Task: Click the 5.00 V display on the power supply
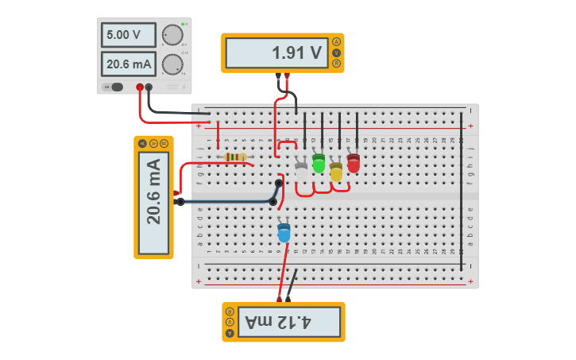click(128, 35)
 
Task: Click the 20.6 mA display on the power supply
click(128, 64)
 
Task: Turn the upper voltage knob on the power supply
click(172, 36)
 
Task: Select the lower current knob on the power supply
click(172, 64)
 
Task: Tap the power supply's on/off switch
click(116, 87)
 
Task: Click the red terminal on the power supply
click(140, 87)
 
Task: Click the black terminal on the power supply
click(149, 87)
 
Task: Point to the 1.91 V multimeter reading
click(276, 53)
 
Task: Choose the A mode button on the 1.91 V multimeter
click(337, 42)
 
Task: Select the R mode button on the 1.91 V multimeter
click(337, 64)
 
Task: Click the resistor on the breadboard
click(235, 157)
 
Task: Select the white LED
click(301, 170)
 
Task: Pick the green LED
click(319, 163)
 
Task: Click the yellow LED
click(336, 171)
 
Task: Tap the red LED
click(354, 163)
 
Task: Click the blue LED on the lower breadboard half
click(284, 232)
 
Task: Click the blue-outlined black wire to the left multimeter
click(226, 202)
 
